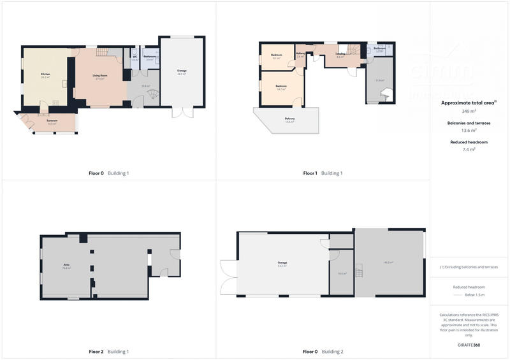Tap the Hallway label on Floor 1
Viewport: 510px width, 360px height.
pos(300,55)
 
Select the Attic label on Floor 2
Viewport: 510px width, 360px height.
pos(66,265)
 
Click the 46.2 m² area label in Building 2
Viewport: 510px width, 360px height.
pos(388,263)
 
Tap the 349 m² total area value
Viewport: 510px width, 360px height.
pos(469,110)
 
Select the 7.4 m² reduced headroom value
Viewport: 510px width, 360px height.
pos(469,149)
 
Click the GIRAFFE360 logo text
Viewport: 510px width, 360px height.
pos(469,345)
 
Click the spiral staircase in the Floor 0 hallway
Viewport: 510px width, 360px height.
pos(152,97)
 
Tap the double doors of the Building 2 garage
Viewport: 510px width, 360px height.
pos(227,278)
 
